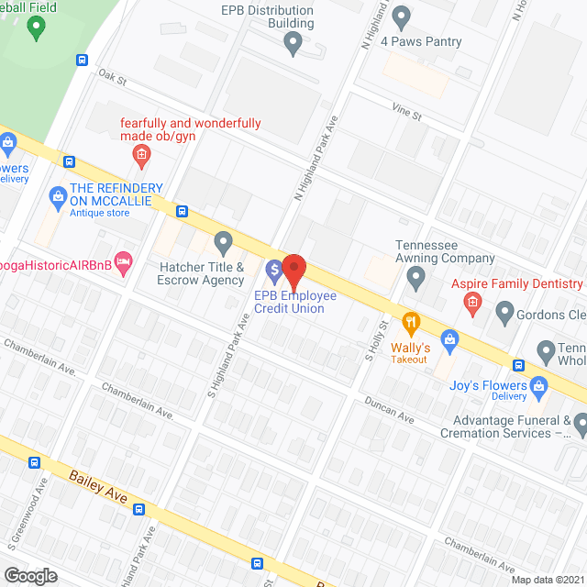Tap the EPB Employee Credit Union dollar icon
(273, 271)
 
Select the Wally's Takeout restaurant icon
(410, 323)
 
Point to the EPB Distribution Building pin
(293, 41)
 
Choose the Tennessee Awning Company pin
(416, 275)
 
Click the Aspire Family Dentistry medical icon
(471, 303)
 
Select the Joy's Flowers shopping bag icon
(450, 341)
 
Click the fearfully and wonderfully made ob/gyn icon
(141, 154)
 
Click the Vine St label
(404, 116)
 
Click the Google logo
(30, 575)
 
